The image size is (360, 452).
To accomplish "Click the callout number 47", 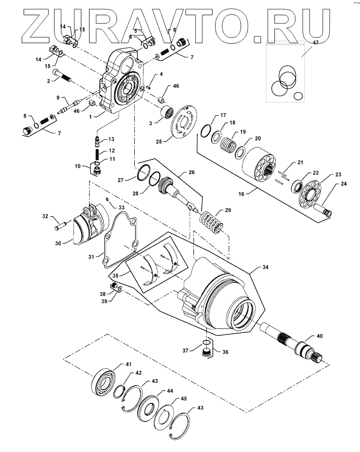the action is coord(315,43).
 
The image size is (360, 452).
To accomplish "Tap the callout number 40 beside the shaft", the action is coord(320,336).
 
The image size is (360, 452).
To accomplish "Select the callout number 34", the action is coord(265,267).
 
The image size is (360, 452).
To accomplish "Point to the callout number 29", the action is coord(228,210).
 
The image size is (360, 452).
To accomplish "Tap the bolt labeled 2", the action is coord(62,75).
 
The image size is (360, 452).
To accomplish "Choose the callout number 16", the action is coord(241,194).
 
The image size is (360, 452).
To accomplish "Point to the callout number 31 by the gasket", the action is coord(91,256).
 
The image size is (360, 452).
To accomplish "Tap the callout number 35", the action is coord(115,276).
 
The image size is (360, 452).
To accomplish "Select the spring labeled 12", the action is coord(97,154).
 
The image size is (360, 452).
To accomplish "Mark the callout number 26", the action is coord(192,172).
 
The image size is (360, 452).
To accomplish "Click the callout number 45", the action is coord(184,399).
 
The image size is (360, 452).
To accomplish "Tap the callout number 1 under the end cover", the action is coord(91,117).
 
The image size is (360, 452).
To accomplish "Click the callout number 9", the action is coord(58,98).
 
